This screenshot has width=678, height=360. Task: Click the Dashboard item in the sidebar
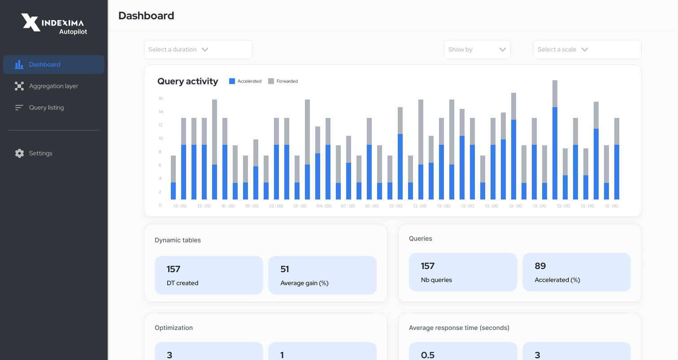(44, 65)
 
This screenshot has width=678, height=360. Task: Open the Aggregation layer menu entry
(53, 86)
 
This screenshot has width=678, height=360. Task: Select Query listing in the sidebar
(46, 108)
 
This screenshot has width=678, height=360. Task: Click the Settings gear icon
(19, 153)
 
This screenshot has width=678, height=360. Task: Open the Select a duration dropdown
(198, 49)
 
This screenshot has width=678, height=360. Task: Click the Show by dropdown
(477, 49)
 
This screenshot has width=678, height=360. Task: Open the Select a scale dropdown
(587, 49)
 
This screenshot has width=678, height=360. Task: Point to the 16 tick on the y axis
(161, 99)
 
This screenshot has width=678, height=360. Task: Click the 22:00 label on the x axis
(276, 206)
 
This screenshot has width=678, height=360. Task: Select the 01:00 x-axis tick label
(300, 206)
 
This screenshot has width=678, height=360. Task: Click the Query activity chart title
(187, 81)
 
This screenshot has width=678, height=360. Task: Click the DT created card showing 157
(209, 275)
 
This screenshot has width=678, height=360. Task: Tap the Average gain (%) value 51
(285, 269)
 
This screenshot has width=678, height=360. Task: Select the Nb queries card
(463, 272)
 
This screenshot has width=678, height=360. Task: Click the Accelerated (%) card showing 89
(576, 272)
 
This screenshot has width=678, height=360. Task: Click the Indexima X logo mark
(31, 22)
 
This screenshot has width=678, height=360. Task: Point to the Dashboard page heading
(146, 16)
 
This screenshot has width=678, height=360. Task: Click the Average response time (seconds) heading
(459, 328)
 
